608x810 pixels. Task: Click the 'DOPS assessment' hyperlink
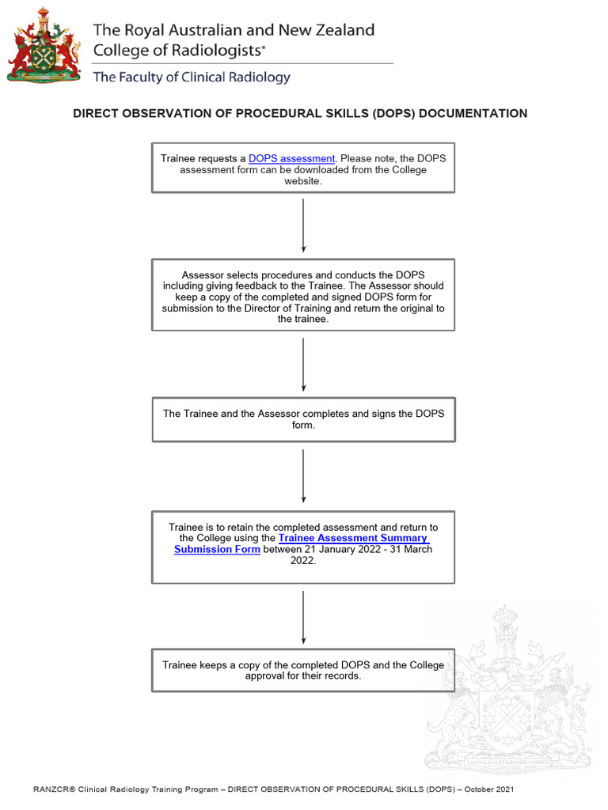291,159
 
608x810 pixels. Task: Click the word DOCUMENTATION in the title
473,114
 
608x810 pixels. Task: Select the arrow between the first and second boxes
303,225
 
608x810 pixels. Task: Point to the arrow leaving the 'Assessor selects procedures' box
303,364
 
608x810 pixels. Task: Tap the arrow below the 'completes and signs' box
303,475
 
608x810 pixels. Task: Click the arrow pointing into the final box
303,617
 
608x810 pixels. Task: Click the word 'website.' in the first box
303,181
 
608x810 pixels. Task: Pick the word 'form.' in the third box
304,425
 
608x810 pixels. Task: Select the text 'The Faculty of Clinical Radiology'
192,78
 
